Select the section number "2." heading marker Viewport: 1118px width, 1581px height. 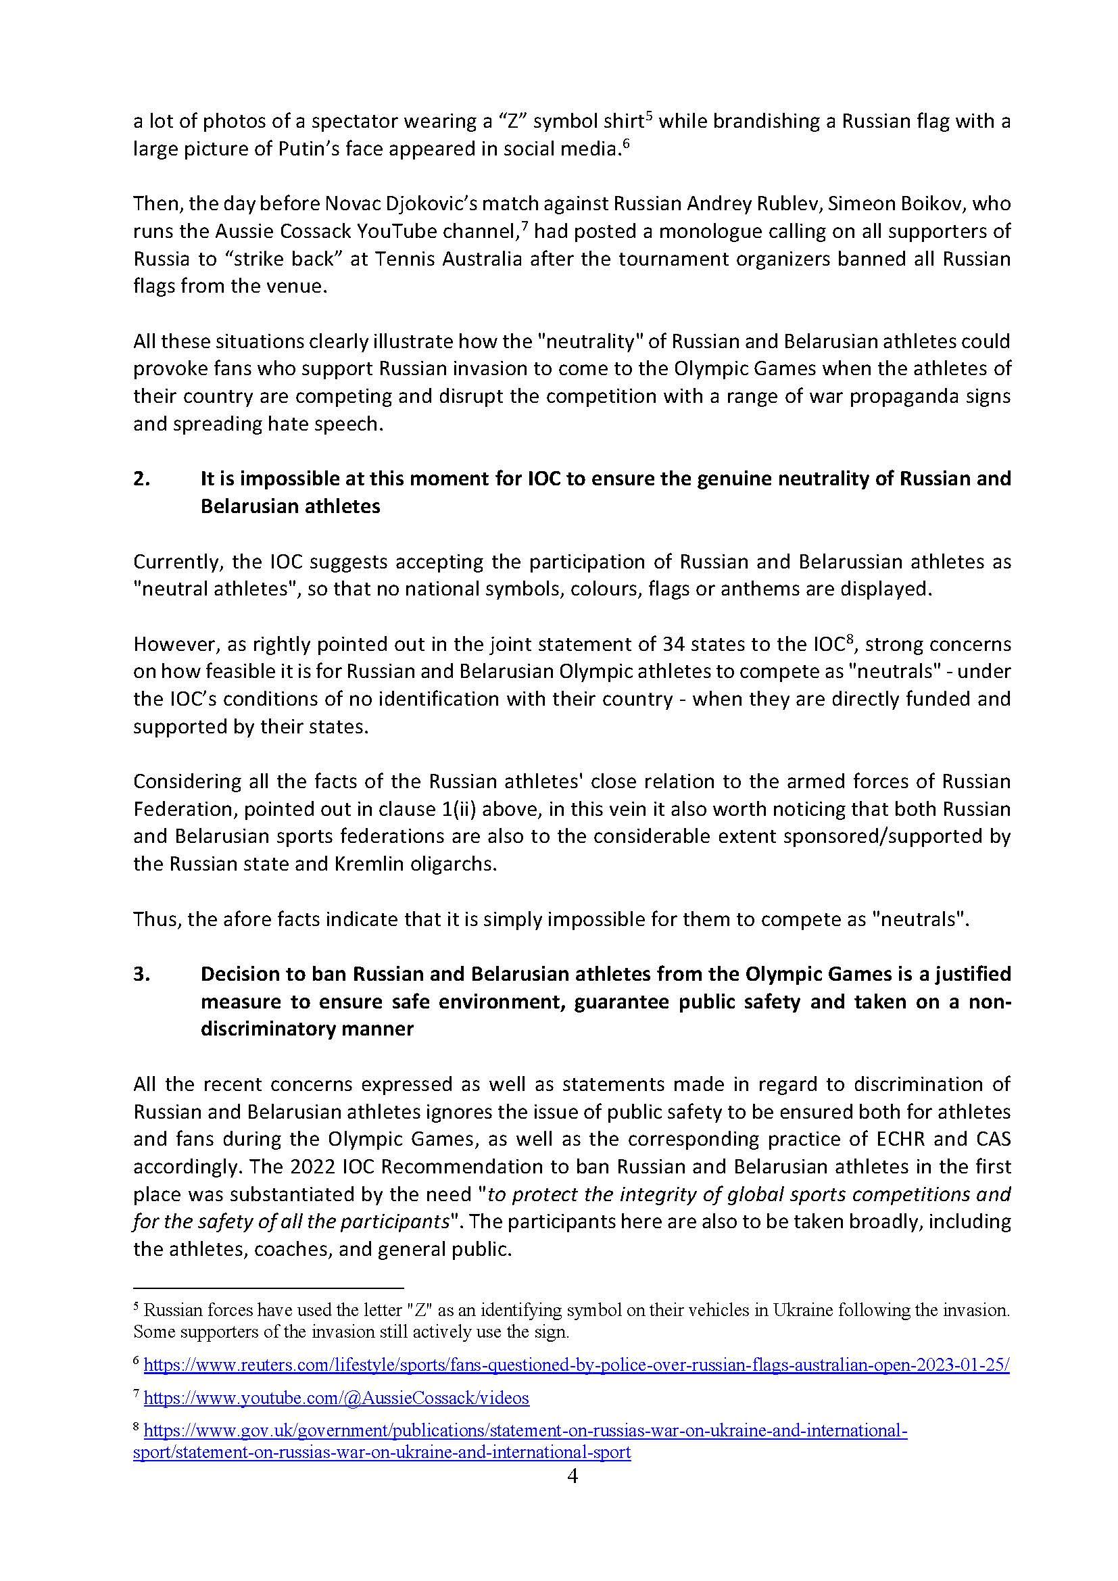point(141,479)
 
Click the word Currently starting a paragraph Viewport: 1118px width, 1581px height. point(176,562)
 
